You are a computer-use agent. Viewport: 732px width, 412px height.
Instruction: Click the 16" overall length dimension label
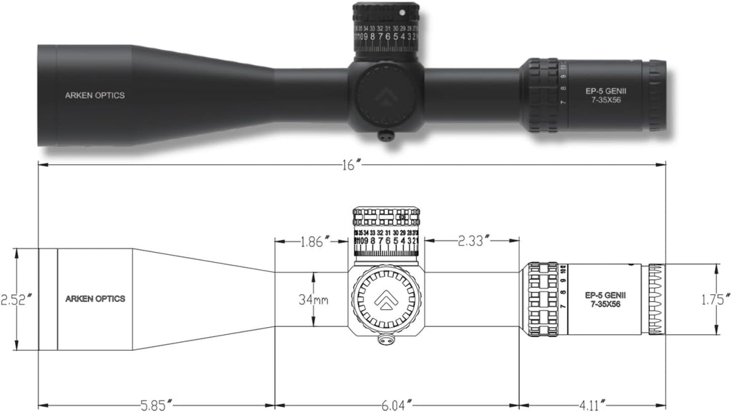coord(350,164)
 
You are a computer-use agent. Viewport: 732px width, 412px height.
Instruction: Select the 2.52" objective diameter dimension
coord(15,299)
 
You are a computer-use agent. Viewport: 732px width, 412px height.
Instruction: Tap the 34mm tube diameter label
coord(313,300)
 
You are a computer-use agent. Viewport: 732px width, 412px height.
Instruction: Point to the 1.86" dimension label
coord(314,241)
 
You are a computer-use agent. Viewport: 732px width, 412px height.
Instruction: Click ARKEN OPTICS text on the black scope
coord(94,96)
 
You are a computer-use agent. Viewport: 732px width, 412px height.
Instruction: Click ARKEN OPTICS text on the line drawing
coord(95,299)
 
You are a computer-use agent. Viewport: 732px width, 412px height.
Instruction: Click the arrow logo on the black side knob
coord(387,95)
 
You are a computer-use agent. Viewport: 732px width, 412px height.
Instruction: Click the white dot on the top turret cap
coord(402,12)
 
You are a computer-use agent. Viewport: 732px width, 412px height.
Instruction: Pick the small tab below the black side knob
coord(387,135)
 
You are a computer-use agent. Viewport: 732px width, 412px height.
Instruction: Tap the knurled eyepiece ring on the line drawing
coord(656,299)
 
